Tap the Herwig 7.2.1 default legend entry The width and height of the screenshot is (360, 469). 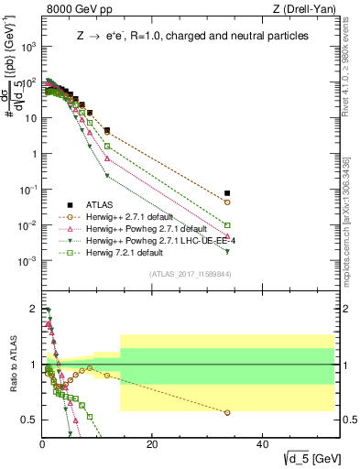[x=125, y=253]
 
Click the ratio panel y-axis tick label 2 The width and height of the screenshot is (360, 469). [x=33, y=309]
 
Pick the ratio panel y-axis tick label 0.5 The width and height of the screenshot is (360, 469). [x=29, y=420]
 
